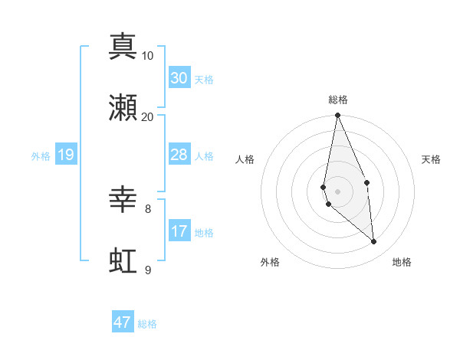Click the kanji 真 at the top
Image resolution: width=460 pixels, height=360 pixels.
click(x=123, y=46)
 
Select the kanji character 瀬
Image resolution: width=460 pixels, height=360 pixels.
click(x=123, y=107)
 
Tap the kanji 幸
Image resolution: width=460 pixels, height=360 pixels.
click(x=123, y=199)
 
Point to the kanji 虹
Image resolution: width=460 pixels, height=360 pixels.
click(x=123, y=260)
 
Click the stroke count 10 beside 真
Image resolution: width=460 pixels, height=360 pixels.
click(x=148, y=56)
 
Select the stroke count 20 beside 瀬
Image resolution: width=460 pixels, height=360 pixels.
click(x=148, y=117)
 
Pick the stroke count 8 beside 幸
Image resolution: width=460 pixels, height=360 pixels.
click(x=148, y=208)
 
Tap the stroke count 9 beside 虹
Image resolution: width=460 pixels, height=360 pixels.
click(x=148, y=270)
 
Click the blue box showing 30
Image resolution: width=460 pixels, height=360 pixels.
click(x=179, y=78)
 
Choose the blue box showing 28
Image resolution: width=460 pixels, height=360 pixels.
click(x=179, y=155)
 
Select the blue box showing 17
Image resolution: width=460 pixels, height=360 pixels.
click(x=179, y=231)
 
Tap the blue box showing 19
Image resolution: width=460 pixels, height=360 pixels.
click(x=66, y=155)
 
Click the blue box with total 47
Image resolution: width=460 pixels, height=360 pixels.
click(x=123, y=322)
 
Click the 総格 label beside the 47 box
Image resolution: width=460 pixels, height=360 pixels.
click(x=147, y=324)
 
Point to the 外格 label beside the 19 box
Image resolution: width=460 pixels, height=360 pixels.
click(x=41, y=156)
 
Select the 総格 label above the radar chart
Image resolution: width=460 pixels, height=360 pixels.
click(x=338, y=100)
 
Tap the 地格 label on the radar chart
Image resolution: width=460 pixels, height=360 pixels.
click(x=402, y=262)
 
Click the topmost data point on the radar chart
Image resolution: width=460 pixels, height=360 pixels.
click(x=338, y=116)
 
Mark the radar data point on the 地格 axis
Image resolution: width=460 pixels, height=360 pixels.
click(x=374, y=242)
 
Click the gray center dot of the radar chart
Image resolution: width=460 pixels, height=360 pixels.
click(x=338, y=191)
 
